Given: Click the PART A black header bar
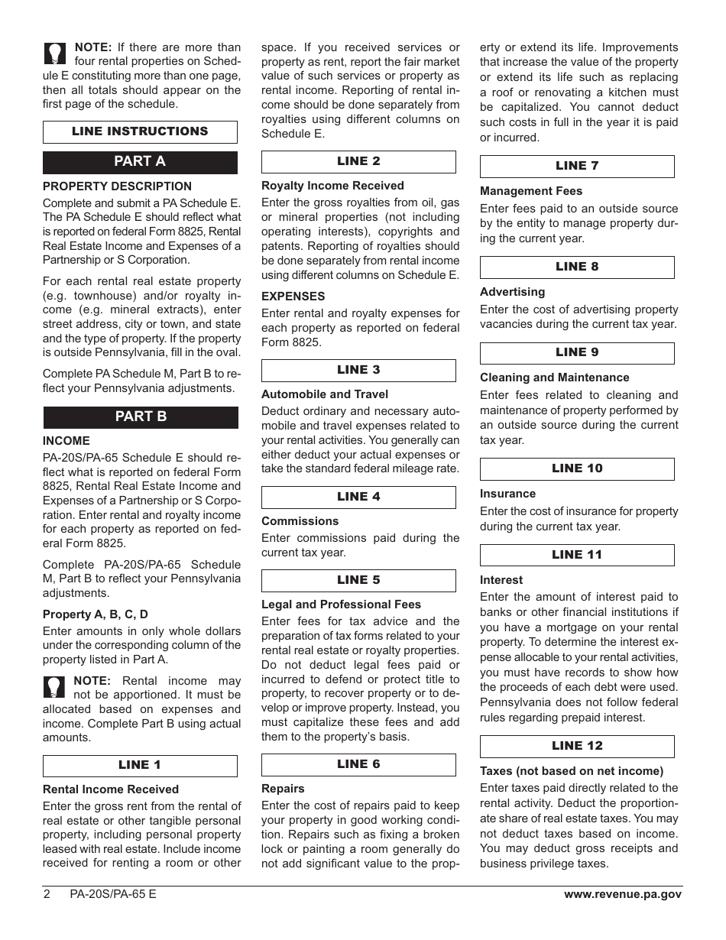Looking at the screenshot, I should tap(140, 161).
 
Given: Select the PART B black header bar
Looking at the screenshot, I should tap(141, 417).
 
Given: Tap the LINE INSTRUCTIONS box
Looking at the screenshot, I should tap(140, 131).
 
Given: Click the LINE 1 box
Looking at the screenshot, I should tap(140, 765).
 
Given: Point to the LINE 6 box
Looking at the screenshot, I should tap(358, 764).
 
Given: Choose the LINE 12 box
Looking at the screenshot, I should tap(577, 746).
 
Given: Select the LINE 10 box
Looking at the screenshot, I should tap(577, 468).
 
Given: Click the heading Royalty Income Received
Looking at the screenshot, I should tap(332, 186).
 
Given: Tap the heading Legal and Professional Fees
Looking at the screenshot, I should tap(341, 605).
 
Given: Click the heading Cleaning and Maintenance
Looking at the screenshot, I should tap(554, 378).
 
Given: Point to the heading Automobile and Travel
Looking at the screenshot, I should tap(325, 394).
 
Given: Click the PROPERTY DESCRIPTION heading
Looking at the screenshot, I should tap(117, 186).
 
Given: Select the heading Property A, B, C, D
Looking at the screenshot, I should tap(96, 614).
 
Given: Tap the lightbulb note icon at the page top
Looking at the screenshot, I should tap(55, 53).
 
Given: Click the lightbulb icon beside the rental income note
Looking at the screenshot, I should tap(55, 686).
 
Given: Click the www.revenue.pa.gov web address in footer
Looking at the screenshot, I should tap(623, 894).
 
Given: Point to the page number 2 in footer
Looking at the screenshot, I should tap(47, 894).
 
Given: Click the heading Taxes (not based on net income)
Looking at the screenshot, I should tap(572, 771).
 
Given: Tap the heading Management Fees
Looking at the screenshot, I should tap(531, 191).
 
